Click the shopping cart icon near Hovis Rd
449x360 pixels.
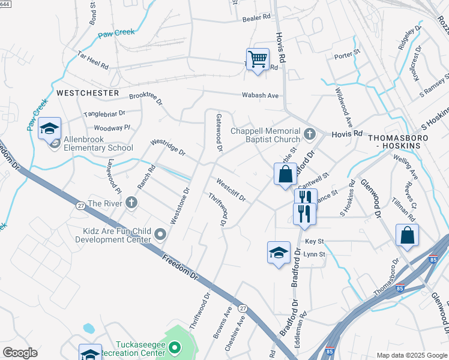coord(258,59)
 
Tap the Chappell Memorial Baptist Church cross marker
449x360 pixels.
coord(310,133)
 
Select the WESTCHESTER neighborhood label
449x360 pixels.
coord(88,93)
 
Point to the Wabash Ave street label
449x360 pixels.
coord(261,95)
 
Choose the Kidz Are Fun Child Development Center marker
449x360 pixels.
coord(160,233)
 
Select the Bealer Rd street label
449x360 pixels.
coord(257,19)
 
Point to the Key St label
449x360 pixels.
coord(314,241)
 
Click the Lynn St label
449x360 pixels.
coord(314,254)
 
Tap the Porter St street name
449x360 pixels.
coord(346,55)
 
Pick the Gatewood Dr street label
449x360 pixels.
coord(219,132)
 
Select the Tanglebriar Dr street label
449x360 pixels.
coord(104,113)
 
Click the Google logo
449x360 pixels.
coord(20,353)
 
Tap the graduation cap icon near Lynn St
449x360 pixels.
coord(279,253)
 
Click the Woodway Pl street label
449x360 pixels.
coord(112,128)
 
